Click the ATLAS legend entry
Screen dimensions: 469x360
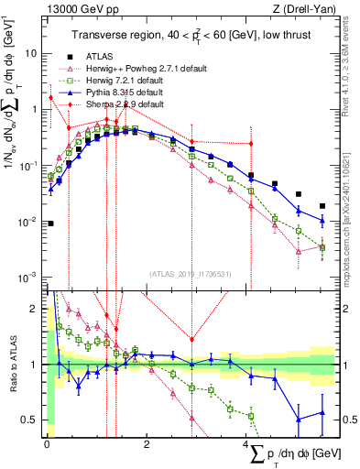[100, 54]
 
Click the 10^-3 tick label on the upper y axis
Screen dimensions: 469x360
[27, 278]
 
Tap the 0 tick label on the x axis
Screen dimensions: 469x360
[47, 443]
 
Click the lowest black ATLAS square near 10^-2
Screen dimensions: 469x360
[50, 223]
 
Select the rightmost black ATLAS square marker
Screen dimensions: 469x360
[322, 206]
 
